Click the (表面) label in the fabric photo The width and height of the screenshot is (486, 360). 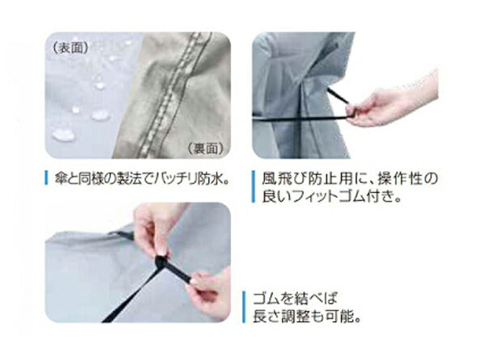70,48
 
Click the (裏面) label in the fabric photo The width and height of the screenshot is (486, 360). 206,148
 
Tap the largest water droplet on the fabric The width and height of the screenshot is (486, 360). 63,135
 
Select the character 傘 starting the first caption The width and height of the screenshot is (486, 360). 59,178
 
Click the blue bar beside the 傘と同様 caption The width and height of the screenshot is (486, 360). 46,178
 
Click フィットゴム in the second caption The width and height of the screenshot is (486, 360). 329,196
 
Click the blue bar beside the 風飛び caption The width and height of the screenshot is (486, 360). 254,186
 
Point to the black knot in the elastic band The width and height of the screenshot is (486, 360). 162,263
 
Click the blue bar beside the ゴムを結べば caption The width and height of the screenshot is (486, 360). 245,307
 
